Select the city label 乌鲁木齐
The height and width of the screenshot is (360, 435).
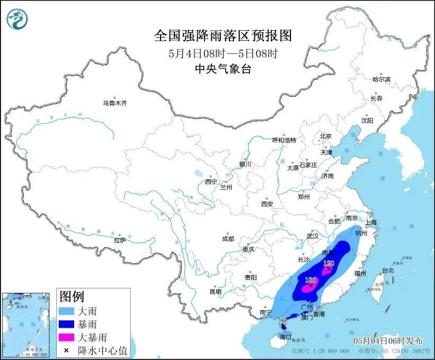[x=115, y=103]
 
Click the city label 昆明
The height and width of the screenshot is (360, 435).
[x=216, y=292]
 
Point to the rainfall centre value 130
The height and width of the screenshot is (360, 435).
[x=330, y=263]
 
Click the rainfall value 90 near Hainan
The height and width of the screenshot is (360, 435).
[x=283, y=321]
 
